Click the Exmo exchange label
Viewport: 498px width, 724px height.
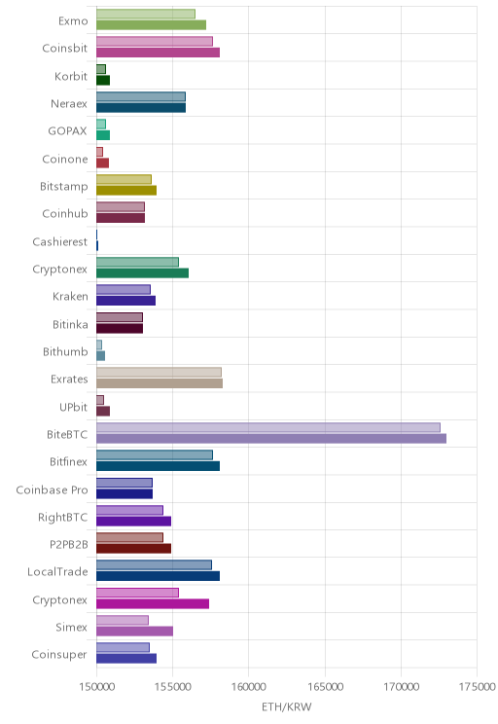pyautogui.click(x=73, y=21)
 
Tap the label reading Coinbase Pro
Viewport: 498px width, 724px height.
pyautogui.click(x=52, y=489)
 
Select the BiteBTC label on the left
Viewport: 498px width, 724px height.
pyautogui.click(x=67, y=434)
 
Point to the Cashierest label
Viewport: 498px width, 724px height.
pyautogui.click(x=60, y=242)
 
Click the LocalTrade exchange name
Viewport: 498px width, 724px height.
pyautogui.click(x=57, y=572)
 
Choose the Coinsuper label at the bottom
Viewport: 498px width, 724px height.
pyautogui.click(x=59, y=655)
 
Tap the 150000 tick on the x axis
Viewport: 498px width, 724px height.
pyautogui.click(x=96, y=687)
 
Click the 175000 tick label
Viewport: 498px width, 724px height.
pyautogui.click(x=477, y=687)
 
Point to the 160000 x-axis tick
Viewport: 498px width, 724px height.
pyautogui.click(x=248, y=687)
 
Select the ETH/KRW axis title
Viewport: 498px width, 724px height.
pyautogui.click(x=287, y=706)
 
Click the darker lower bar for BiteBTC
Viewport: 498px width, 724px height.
pyautogui.click(x=271, y=439)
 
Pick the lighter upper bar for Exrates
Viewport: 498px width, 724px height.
pyautogui.click(x=159, y=372)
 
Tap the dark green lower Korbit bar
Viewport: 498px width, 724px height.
pyautogui.click(x=103, y=81)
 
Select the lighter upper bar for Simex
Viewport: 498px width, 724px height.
pyautogui.click(x=123, y=620)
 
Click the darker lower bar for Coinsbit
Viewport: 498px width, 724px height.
pyautogui.click(x=158, y=53)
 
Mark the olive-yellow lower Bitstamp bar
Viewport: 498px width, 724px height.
pyautogui.click(x=126, y=190)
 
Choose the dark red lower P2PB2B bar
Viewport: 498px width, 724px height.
pyautogui.click(x=134, y=549)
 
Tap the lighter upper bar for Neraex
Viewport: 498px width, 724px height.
pyautogui.click(x=141, y=96)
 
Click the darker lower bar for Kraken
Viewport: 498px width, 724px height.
pyautogui.click(x=126, y=301)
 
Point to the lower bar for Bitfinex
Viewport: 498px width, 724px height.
pyautogui.click(x=158, y=466)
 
